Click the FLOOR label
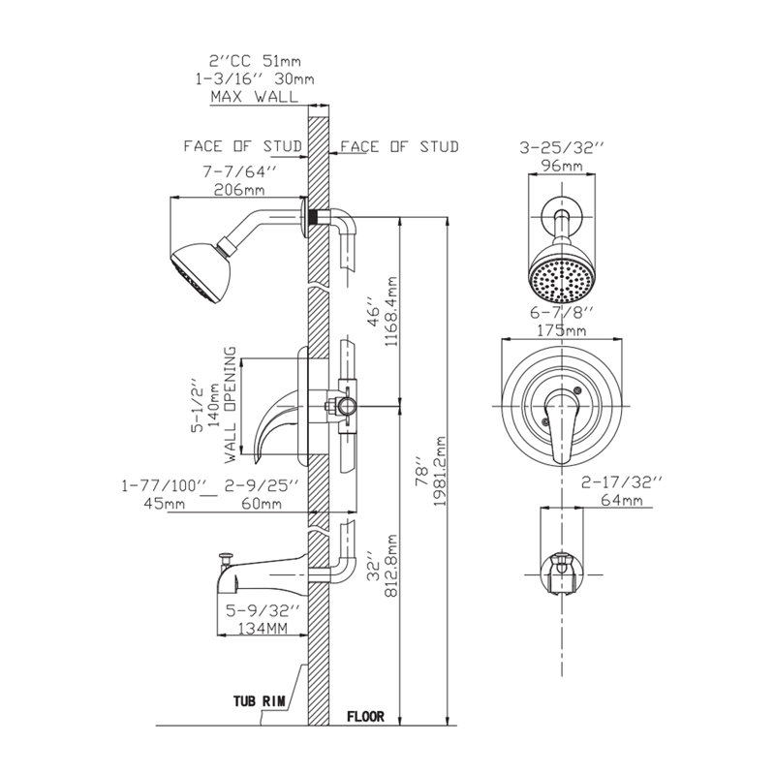coord(365,718)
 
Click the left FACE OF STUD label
coord(243,147)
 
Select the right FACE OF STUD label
coord(399,147)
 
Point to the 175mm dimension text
coord(564,330)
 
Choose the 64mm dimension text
coord(620,500)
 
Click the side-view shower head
coord(200,273)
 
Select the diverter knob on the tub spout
coord(224,556)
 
